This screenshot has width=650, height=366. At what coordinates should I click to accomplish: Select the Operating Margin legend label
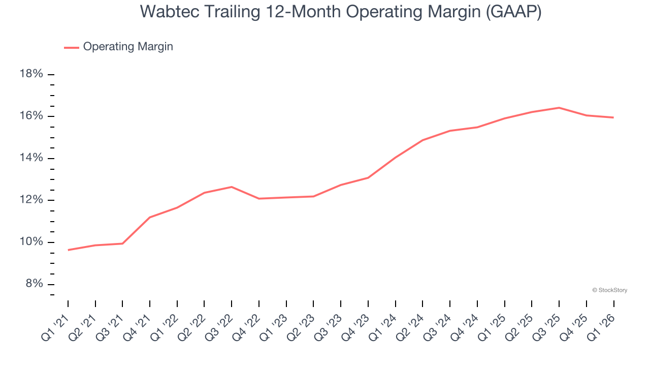128,47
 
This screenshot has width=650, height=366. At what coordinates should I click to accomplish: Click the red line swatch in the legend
71,47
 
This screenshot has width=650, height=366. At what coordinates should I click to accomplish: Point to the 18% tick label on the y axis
31,74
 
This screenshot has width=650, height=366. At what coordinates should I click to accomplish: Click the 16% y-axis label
31,116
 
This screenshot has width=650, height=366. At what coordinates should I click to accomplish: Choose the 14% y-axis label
31,158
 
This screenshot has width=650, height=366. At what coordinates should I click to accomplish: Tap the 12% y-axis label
31,200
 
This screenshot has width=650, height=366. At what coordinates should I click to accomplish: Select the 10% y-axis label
31,242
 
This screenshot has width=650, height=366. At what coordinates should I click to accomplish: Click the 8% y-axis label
34,284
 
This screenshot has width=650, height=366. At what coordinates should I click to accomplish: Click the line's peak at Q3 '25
559,108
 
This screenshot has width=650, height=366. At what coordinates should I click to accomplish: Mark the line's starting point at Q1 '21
68,250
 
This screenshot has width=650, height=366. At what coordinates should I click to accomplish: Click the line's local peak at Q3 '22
232,187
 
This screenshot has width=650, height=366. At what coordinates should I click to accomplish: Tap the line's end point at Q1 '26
613,117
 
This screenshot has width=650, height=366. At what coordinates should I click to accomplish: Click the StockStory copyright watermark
609,290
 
